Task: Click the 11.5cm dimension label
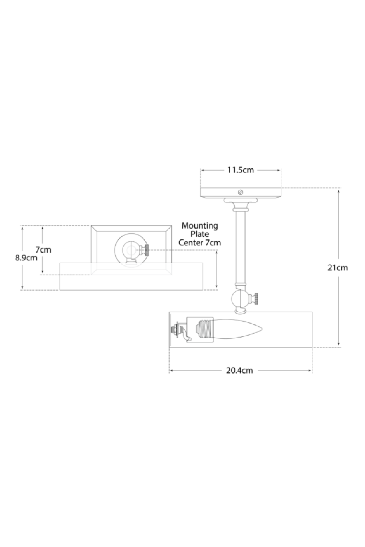(x=240, y=170)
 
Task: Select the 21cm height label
(x=338, y=267)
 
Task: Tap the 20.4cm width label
(x=239, y=371)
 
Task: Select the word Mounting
(x=200, y=226)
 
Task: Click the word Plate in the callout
(x=200, y=234)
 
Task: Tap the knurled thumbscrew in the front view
(x=146, y=250)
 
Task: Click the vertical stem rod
(x=240, y=248)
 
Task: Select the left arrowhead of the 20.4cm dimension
(x=171, y=371)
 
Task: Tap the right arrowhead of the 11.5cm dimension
(x=279, y=170)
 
